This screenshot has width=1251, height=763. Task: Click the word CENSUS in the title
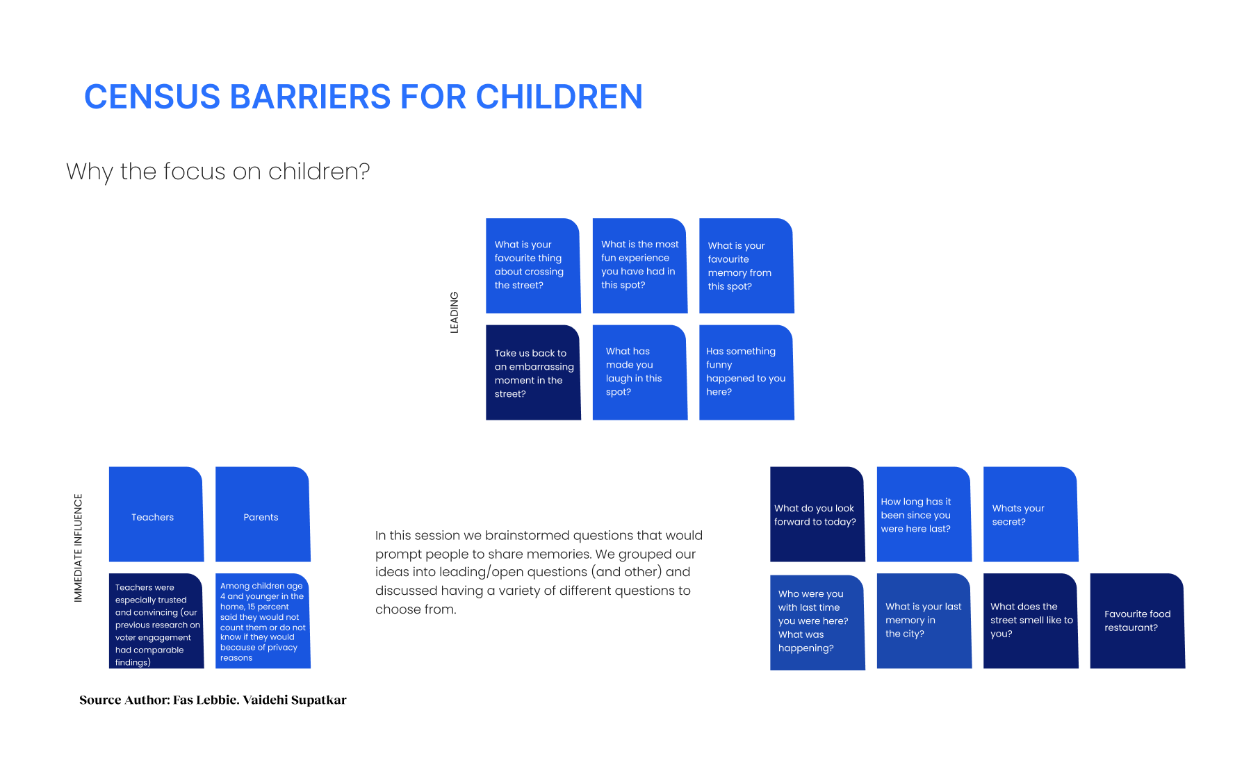[152, 97]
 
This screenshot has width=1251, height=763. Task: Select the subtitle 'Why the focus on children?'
[218, 172]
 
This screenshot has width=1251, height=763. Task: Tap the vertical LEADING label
[455, 312]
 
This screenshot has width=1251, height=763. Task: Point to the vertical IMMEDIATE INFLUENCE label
[78, 548]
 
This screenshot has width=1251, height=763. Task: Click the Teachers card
[156, 514]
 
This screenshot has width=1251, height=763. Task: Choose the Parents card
[263, 514]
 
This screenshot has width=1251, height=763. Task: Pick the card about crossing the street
[533, 265]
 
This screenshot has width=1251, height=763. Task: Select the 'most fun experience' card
[640, 265]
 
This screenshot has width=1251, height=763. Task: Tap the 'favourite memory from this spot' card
[746, 265]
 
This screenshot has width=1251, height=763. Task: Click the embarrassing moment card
[533, 372]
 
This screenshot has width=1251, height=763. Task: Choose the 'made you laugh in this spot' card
[640, 372]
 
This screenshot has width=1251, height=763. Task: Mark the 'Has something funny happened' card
[746, 372]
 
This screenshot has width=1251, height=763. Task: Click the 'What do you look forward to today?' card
[817, 514]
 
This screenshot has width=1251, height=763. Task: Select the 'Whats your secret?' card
[1031, 514]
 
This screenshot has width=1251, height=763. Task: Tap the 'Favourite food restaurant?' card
[1138, 621]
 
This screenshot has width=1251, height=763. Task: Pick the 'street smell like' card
[1031, 621]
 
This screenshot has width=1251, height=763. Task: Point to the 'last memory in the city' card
[924, 621]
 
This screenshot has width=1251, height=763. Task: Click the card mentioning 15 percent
[263, 621]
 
